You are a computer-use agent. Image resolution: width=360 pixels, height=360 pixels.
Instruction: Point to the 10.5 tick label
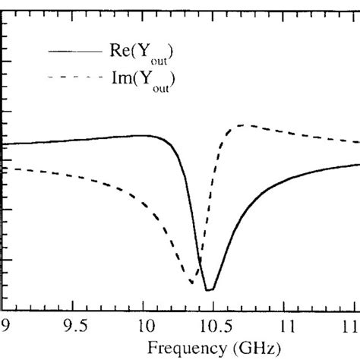coord(213,327)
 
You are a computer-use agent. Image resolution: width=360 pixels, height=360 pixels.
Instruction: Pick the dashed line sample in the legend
coord(74,77)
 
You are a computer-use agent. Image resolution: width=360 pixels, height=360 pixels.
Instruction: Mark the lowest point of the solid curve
coord(210,290)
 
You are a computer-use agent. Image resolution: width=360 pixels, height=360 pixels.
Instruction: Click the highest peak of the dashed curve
coord(242,125)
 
